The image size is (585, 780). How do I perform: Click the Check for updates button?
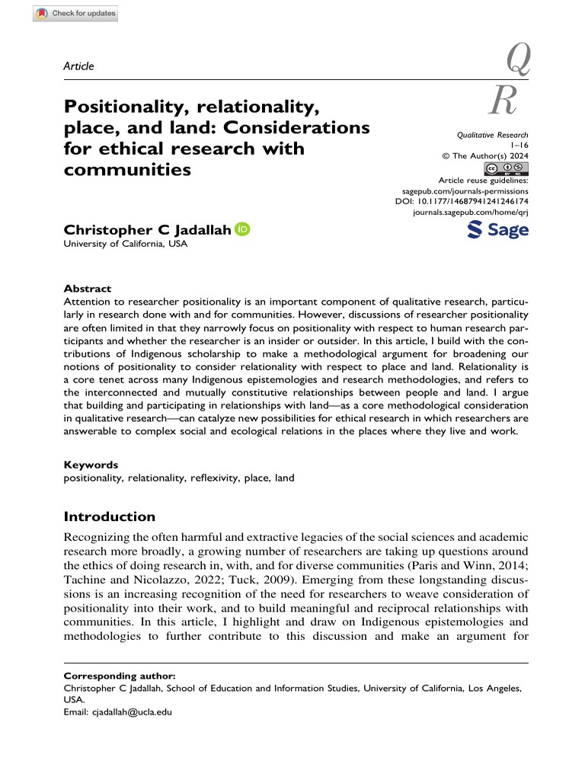point(75,13)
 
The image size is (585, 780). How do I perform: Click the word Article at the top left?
point(78,67)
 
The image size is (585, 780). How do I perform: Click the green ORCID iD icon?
point(242,229)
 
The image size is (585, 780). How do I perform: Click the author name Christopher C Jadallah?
point(147,229)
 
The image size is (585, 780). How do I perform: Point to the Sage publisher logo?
point(497,229)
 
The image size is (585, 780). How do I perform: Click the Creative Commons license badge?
point(507,168)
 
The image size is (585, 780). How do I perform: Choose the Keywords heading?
point(91,464)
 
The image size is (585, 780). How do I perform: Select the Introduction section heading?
point(110,516)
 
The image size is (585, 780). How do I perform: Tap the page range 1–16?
point(517,145)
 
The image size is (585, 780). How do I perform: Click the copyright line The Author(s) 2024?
point(485,155)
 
